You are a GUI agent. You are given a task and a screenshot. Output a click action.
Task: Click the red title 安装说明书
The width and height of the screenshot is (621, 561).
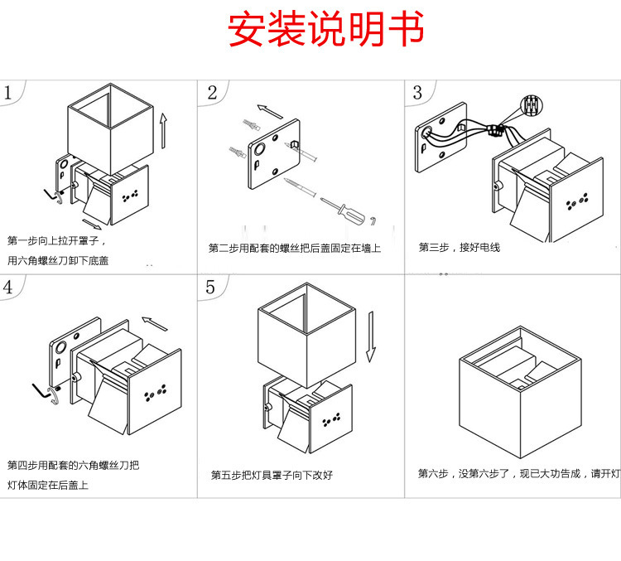pyautogui.click(x=325, y=31)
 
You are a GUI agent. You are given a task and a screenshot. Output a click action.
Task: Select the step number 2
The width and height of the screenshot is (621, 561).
pyautogui.click(x=212, y=92)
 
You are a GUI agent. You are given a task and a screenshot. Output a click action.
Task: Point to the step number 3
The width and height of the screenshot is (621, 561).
pyautogui.click(x=417, y=92)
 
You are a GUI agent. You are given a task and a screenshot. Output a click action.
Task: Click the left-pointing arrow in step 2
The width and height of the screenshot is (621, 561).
pyautogui.click(x=269, y=110)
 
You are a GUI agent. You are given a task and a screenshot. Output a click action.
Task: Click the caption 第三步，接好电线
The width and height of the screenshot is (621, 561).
pyautogui.click(x=459, y=247)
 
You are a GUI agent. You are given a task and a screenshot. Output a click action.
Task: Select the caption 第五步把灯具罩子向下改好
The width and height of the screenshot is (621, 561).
pyautogui.click(x=272, y=475)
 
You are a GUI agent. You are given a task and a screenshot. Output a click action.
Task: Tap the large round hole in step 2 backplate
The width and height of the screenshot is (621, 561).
pyautogui.click(x=259, y=151)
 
